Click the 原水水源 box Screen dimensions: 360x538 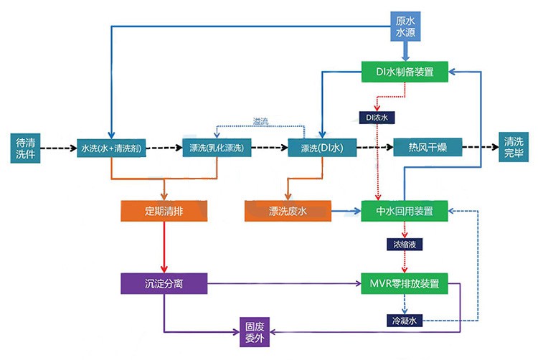click(405, 26)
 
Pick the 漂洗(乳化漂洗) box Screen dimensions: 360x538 click(217, 148)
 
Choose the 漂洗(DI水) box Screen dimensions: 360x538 click(321, 148)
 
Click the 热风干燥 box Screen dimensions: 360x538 click(427, 148)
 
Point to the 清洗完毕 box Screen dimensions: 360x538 click(513, 148)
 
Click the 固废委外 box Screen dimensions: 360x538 click(256, 331)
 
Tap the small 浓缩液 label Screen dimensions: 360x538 click(405, 245)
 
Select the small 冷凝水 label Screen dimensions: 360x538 click(405, 321)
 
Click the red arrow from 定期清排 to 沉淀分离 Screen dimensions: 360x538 click(164, 247)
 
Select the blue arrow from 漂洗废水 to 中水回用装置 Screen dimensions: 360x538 click(345, 212)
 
